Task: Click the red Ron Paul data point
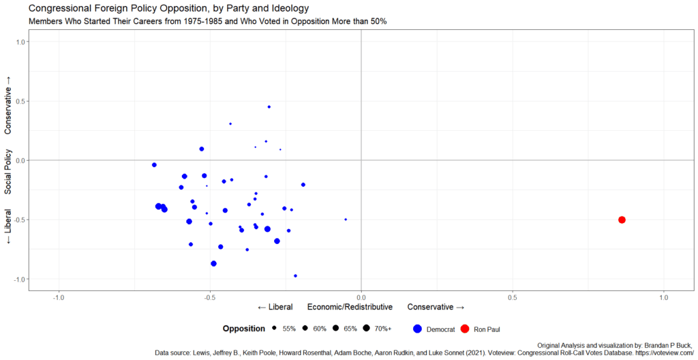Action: pos(622,220)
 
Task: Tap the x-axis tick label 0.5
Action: pos(513,298)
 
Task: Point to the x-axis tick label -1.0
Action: pos(59,298)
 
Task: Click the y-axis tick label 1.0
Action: pos(20,42)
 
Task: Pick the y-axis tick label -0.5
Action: pos(19,220)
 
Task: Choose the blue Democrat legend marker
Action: pos(418,329)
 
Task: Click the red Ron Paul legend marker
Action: pos(465,329)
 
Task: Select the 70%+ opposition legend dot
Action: pos(366,329)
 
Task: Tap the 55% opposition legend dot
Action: pos(274,329)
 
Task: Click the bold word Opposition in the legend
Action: pos(243,329)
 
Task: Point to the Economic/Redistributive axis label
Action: pos(350,307)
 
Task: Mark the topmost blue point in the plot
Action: pos(269,107)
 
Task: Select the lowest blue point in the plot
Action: pos(295,275)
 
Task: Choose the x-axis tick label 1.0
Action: pos(664,298)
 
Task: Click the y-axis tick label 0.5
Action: pos(20,101)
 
